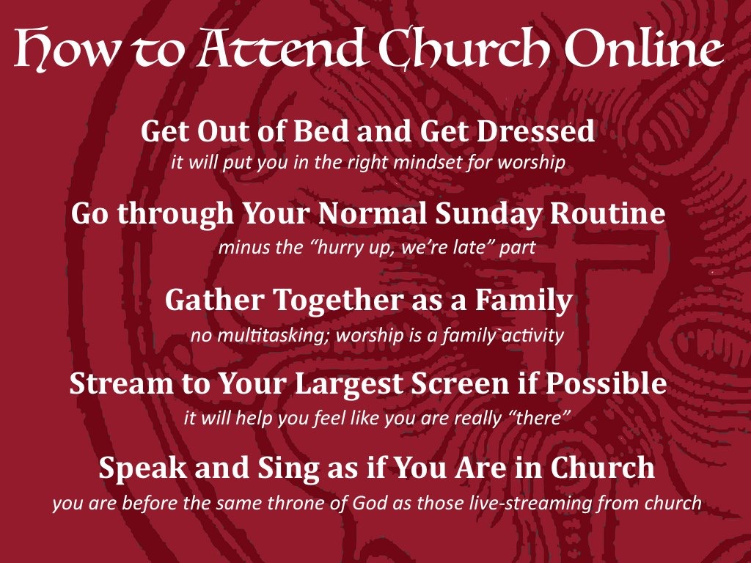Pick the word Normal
pos(372,213)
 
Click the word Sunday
pos(488,214)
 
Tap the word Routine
pos(607,213)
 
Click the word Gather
pos(215,300)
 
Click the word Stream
pos(122,383)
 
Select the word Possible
pos(607,383)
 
